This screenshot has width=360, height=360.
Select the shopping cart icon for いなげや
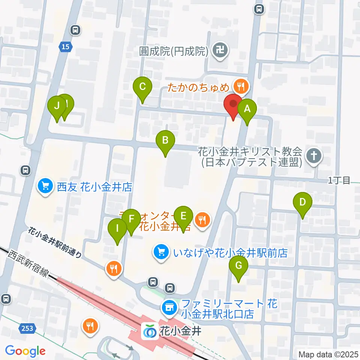(x=161, y=252)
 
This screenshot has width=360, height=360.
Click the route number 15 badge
(x=65, y=46)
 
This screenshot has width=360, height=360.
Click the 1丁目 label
(x=339, y=181)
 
